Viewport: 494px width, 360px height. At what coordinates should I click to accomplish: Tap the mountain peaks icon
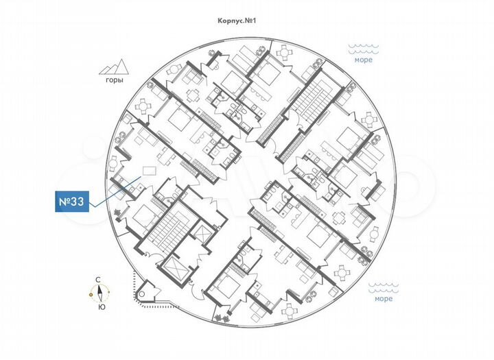point(114,67)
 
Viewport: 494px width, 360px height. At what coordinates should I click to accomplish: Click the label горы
point(115,80)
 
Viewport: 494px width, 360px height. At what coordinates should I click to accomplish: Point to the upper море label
point(364,60)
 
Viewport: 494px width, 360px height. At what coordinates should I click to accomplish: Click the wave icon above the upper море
point(363,48)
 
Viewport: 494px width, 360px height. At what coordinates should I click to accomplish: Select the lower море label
point(383,299)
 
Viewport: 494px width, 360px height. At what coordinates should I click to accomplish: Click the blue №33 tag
point(72,202)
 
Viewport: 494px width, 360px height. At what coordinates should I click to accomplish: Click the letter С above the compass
point(99,280)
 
